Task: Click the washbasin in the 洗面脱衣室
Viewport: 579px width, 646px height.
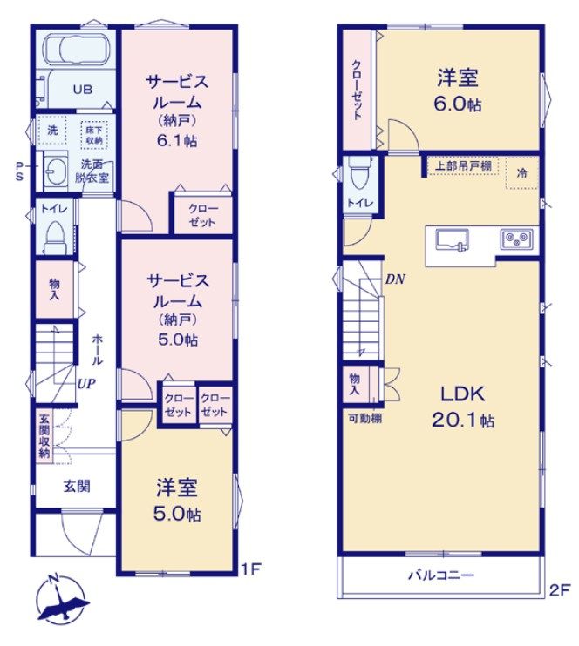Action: (x=54, y=171)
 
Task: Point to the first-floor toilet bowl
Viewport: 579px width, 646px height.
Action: (x=54, y=235)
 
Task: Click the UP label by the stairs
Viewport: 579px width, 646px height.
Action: (x=85, y=382)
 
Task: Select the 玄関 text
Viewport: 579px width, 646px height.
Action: (x=76, y=486)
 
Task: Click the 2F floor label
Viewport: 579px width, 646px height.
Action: (x=558, y=589)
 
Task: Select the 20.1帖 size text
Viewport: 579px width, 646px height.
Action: (x=462, y=421)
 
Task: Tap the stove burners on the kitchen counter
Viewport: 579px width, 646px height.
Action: (x=512, y=238)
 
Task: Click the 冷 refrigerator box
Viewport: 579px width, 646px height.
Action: (x=522, y=173)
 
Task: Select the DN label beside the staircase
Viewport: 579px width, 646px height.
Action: (x=396, y=280)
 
